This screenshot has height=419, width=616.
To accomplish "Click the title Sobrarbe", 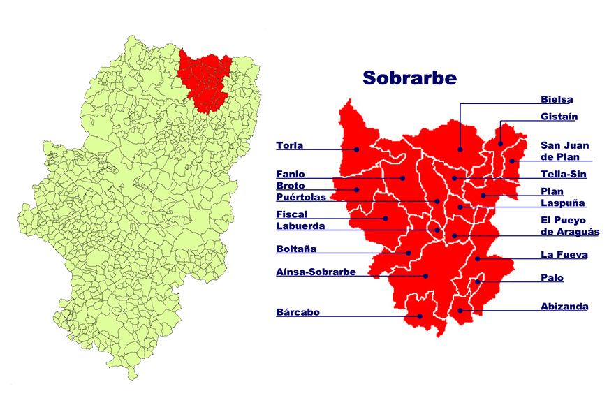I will tap(409, 77).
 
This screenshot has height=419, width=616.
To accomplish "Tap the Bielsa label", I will tap(557, 99).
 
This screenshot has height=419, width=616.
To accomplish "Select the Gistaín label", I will tap(559, 117).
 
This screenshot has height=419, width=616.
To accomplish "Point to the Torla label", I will tap(289, 145).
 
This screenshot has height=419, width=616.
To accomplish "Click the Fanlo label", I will tap(291, 174).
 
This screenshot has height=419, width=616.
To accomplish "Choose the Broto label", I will tap(290, 186).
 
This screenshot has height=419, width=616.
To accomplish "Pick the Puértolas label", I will tap(301, 198).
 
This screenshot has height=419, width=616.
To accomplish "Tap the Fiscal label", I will tap(291, 214).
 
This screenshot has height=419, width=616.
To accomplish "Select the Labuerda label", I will tap(300, 226).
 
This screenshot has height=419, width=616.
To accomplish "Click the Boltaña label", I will tap(296, 249).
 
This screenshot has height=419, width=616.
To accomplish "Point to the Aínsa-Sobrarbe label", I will tap(316, 272).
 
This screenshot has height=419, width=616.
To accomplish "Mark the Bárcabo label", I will tap(298, 312).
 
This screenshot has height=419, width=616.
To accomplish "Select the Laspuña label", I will tap(563, 203).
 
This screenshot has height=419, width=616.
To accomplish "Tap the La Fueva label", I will tap(564, 255).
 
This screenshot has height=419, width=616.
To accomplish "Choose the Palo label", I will tap(552, 277).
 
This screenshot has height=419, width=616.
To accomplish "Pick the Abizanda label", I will tap(564, 306).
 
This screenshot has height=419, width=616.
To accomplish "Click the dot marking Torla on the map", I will tap(356, 149).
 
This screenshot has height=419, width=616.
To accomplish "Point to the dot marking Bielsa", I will tap(460, 149).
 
